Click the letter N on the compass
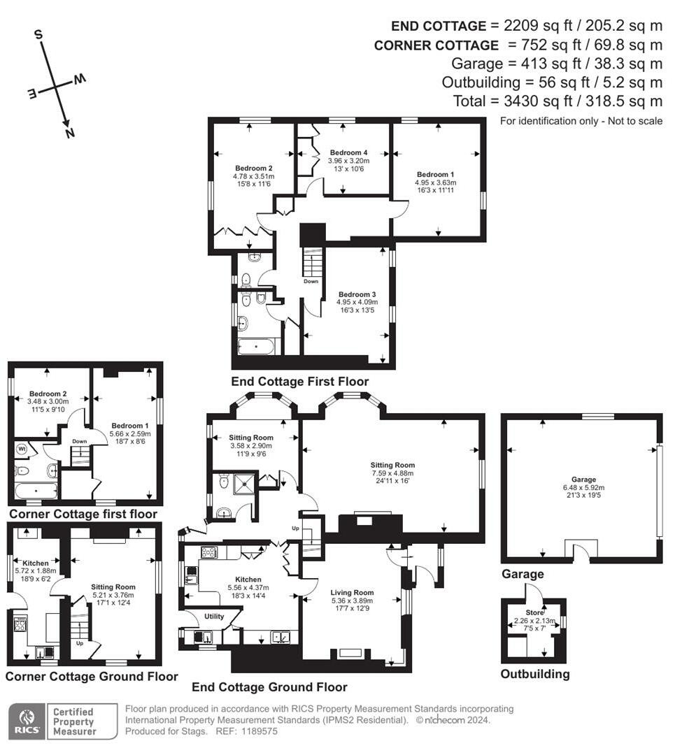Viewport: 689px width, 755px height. click(69, 133)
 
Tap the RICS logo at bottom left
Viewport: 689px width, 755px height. click(26, 721)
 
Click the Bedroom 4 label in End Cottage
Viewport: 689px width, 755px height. click(348, 160)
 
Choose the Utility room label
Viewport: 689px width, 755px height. click(213, 616)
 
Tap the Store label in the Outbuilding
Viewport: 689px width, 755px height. click(534, 612)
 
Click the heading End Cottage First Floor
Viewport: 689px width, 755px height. click(299, 382)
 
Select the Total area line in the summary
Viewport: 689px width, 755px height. click(557, 101)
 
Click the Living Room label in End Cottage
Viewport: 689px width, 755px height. click(352, 601)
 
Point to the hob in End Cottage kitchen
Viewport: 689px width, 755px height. click(208, 552)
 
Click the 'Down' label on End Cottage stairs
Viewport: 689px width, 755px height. click(311, 282)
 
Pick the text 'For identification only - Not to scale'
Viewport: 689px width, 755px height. click(581, 121)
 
